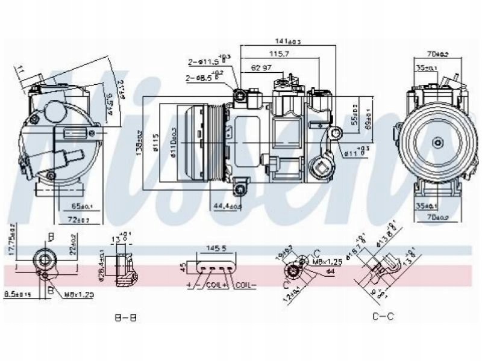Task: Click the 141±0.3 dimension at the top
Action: click(x=288, y=41)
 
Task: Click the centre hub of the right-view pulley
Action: click(x=438, y=142)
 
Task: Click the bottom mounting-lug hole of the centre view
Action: click(x=241, y=190)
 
